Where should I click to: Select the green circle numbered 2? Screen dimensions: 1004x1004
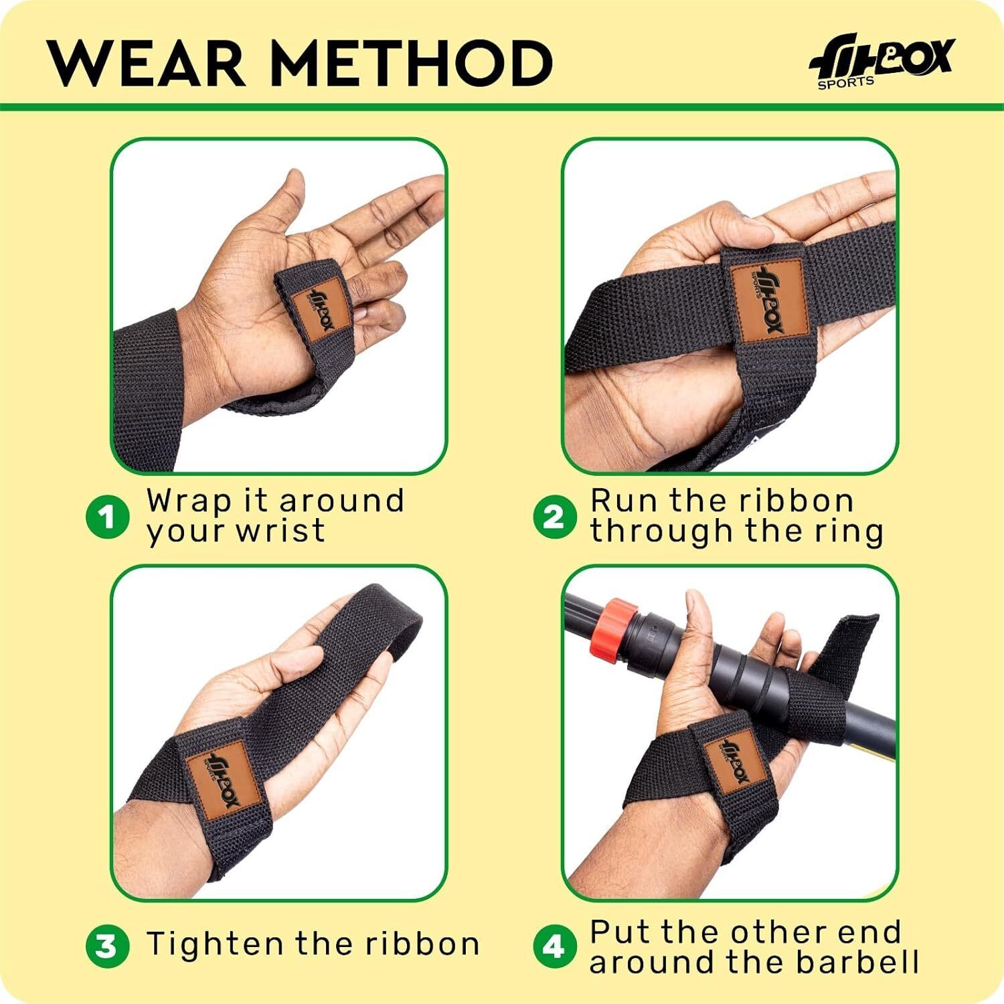[x=555, y=517]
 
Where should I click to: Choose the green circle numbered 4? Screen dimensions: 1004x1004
[x=555, y=946]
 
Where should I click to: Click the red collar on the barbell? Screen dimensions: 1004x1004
[x=613, y=628]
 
